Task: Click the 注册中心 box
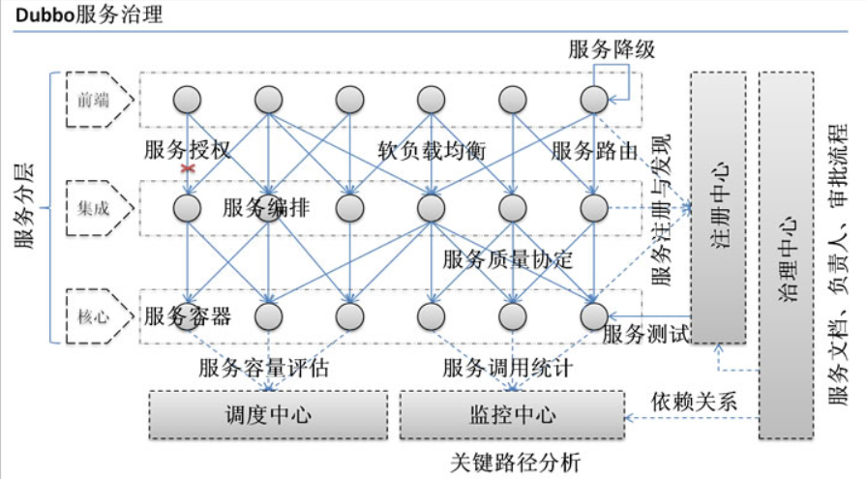718,207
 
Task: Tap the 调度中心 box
268,414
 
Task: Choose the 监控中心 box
512,414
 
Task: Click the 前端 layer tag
94,98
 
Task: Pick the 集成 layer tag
94,207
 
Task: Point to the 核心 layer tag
94,315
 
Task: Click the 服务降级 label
612,50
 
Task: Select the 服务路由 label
594,151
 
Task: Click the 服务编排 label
266,208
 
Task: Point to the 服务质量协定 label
508,259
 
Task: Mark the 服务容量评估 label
263,369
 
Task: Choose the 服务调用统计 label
508,369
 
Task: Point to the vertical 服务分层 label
25,208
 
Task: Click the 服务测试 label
645,335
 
